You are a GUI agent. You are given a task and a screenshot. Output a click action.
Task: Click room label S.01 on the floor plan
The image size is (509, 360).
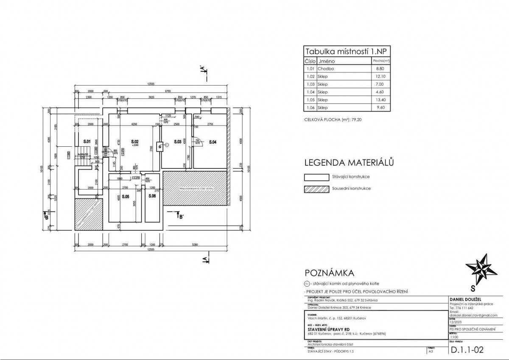(x=87, y=141)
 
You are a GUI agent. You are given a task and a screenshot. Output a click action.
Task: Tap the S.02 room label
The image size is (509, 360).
(x=135, y=141)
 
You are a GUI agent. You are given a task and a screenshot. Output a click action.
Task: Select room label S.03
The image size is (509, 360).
(x=178, y=141)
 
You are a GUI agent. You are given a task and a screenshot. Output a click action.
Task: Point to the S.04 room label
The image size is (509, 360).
(x=213, y=142)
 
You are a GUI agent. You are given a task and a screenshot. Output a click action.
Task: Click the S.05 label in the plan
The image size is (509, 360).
(x=126, y=197)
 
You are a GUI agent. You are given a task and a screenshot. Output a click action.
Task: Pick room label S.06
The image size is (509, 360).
(x=152, y=197)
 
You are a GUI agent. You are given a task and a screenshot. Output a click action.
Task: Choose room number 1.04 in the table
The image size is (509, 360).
(x=310, y=92)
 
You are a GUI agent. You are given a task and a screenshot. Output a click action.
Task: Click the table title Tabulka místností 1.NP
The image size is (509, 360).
(x=347, y=52)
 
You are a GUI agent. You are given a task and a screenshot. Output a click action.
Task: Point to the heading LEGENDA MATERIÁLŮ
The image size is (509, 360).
(x=350, y=163)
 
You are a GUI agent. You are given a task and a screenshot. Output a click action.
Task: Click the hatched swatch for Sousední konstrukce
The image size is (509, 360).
(x=317, y=189)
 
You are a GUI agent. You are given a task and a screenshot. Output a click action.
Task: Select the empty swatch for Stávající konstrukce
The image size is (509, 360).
(x=317, y=178)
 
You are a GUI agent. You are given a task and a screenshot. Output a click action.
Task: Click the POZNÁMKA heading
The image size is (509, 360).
(x=329, y=273)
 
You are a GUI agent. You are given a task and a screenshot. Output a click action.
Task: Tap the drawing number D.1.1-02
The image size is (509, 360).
(x=467, y=350)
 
